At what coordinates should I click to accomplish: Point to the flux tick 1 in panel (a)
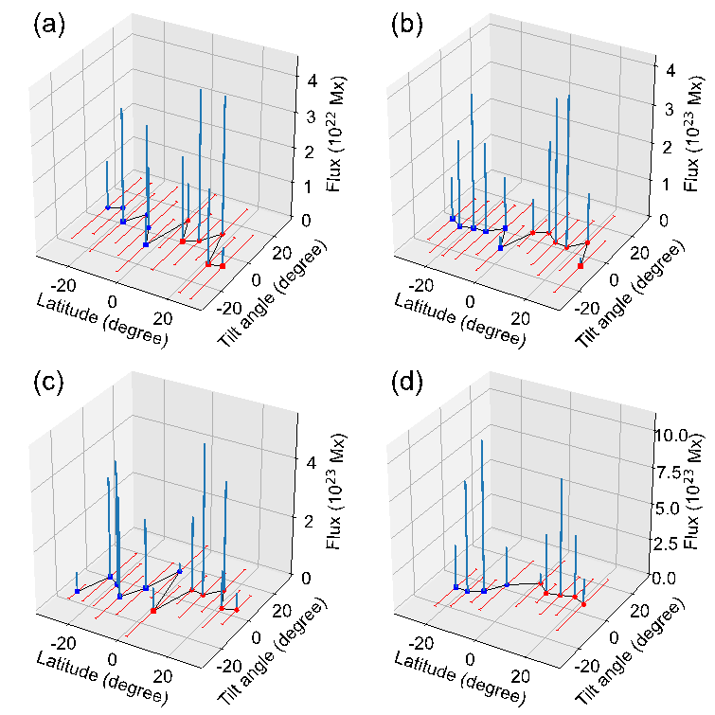click(x=306, y=185)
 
